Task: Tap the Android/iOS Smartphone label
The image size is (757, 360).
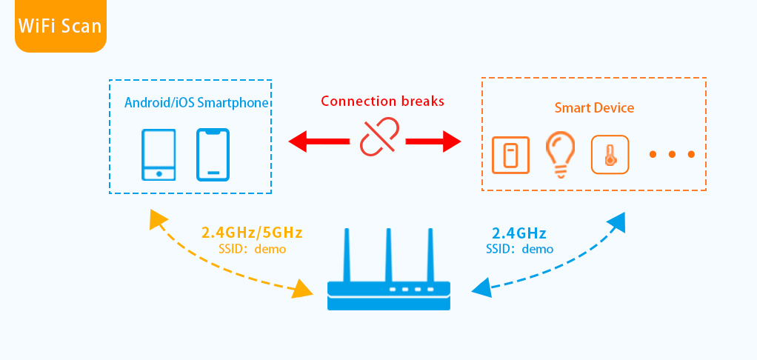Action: tap(196, 102)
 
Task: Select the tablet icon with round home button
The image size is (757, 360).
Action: tap(159, 155)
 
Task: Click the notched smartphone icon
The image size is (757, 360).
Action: tap(213, 155)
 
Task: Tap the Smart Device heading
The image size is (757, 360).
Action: tap(594, 108)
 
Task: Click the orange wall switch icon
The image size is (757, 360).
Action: tap(510, 154)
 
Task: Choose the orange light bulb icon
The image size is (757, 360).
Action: tap(561, 154)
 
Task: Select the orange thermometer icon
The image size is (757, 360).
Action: tap(610, 154)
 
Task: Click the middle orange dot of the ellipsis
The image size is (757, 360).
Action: tap(672, 154)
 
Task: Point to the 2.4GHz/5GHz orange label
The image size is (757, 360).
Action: tap(252, 232)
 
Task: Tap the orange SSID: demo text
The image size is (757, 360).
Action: tap(252, 249)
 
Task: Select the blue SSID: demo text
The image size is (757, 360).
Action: tap(519, 249)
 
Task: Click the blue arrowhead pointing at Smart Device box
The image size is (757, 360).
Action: tap(614, 221)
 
